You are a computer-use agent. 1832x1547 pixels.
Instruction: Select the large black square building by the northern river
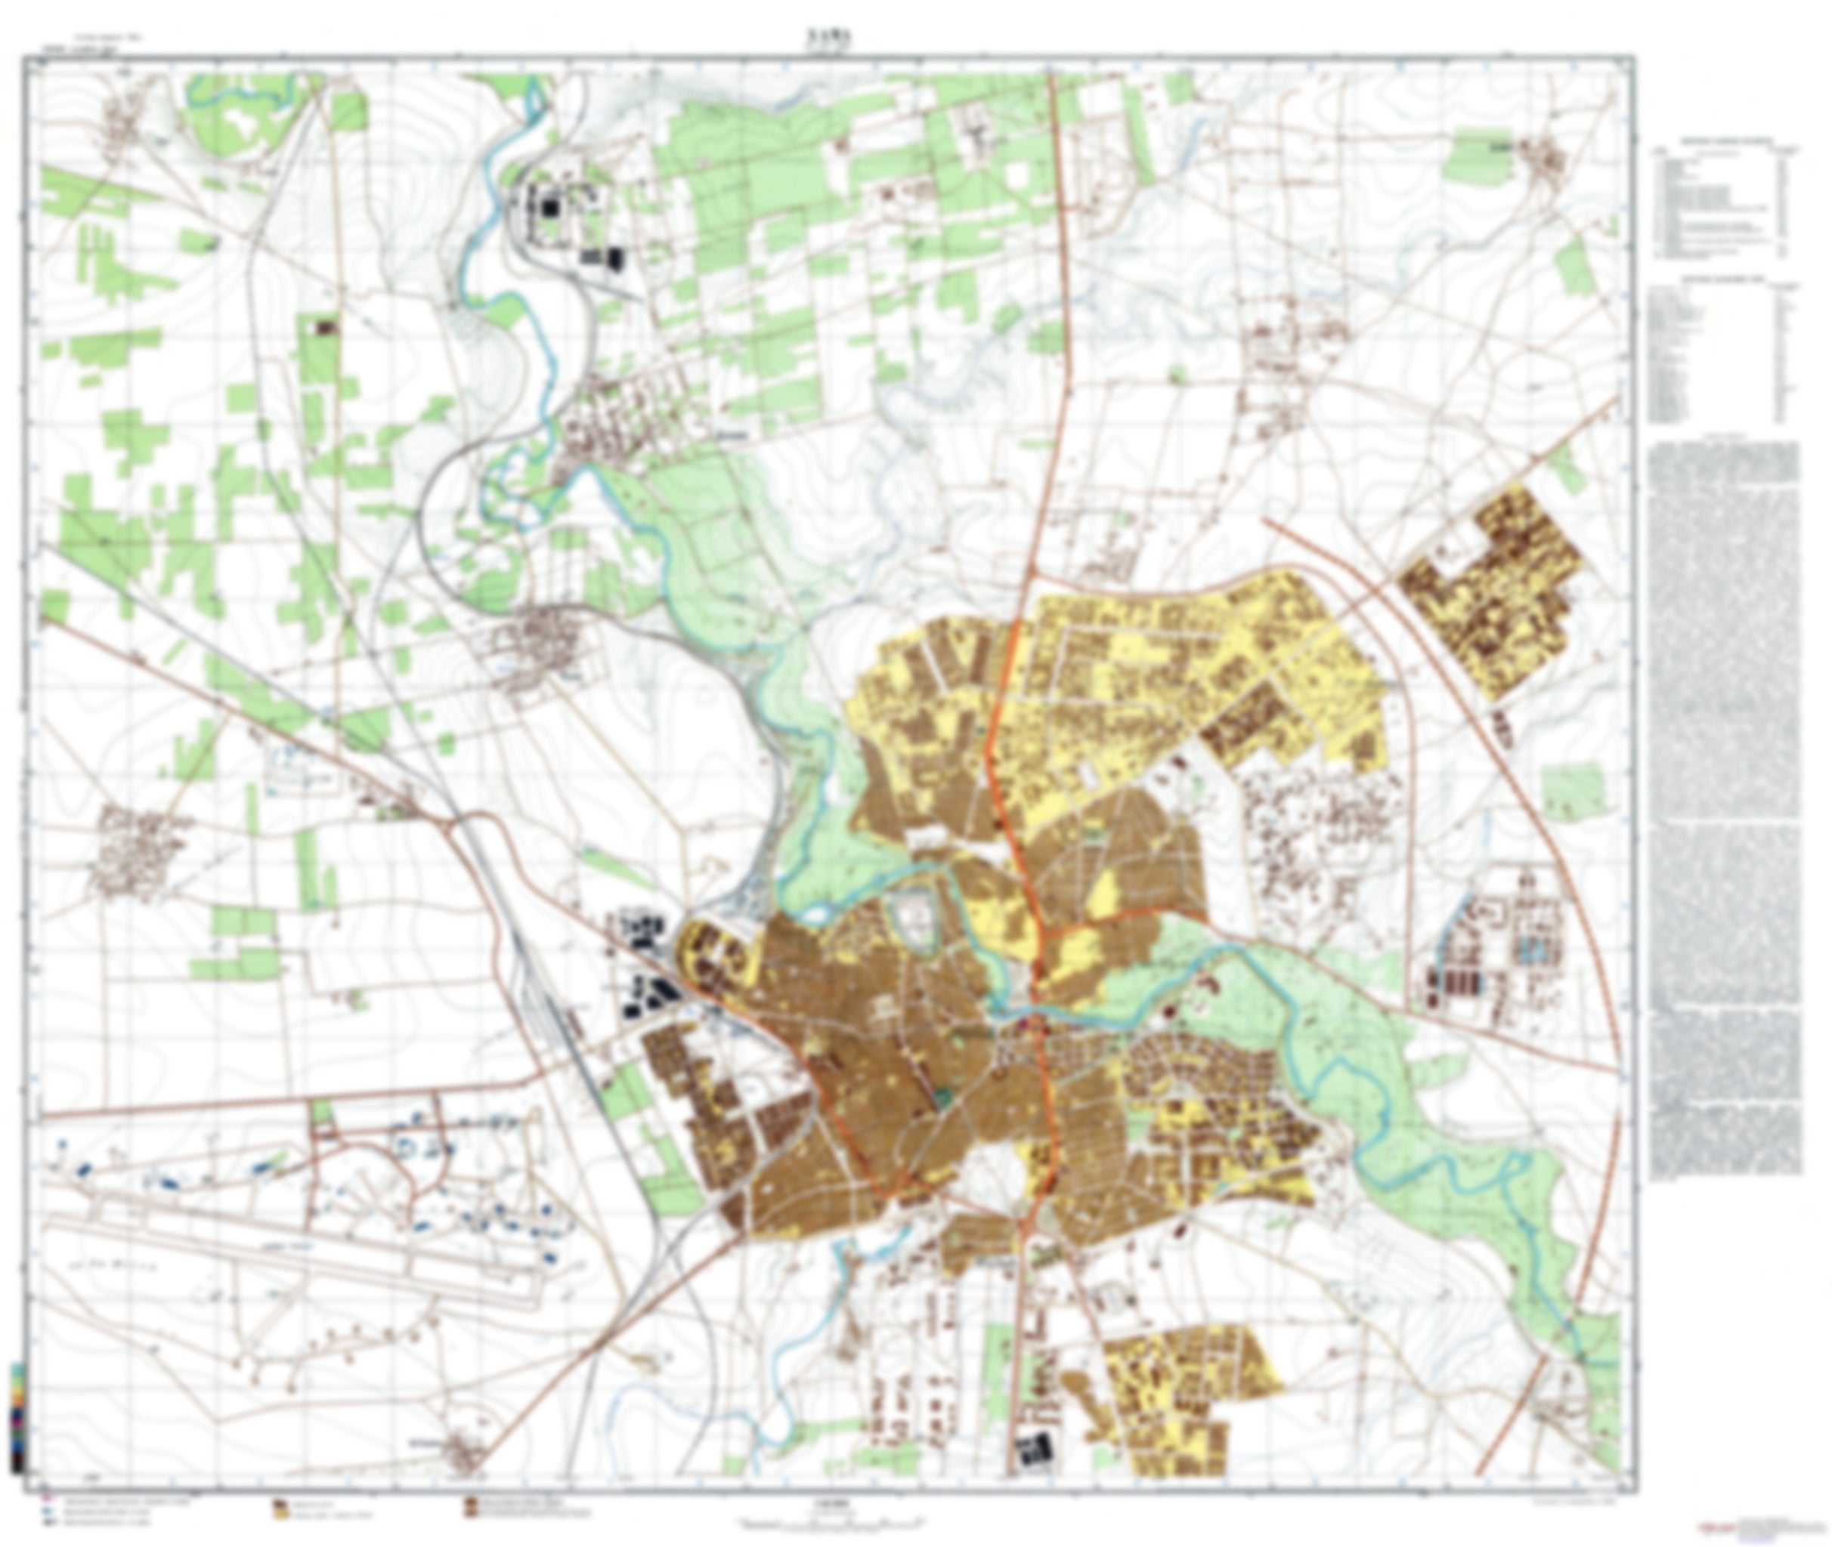tap(550, 208)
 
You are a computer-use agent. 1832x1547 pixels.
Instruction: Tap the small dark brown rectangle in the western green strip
tap(326, 327)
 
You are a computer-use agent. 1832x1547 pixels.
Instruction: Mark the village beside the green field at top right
tap(1546, 162)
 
